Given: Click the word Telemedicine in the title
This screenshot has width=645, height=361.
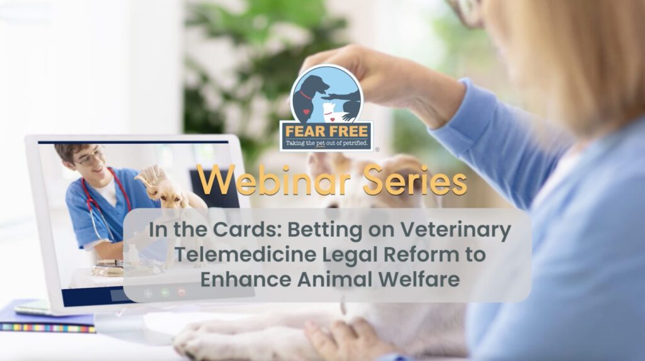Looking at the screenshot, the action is (x=246, y=254).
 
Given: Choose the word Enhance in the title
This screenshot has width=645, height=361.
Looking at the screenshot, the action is (x=246, y=279).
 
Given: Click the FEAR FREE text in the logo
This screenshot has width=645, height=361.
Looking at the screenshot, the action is (x=327, y=131).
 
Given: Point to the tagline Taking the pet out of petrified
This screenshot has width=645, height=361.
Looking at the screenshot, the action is (x=327, y=143).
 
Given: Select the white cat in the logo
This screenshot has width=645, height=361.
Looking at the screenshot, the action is (x=334, y=113).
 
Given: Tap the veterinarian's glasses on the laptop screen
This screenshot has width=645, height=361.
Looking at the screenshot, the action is (x=89, y=157).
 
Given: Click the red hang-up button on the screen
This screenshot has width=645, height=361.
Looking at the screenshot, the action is (x=181, y=293).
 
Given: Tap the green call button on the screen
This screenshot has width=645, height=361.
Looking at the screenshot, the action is (x=165, y=293).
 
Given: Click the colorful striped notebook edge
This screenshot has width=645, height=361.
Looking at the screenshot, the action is (x=48, y=328).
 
